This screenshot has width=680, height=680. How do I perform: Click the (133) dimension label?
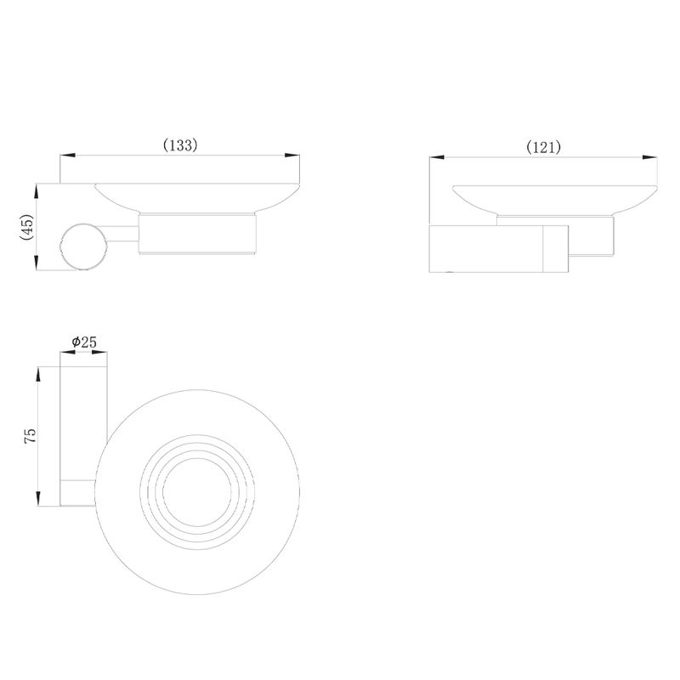tap(180, 145)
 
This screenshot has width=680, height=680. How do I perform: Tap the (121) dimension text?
tap(543, 147)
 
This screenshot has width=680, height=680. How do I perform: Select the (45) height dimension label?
tap(27, 227)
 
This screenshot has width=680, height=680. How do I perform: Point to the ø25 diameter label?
tap(84, 343)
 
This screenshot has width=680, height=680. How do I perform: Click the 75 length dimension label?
tap(31, 435)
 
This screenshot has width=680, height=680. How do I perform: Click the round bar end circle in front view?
tap(82, 246)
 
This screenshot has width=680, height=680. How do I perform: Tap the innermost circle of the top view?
tap(197, 492)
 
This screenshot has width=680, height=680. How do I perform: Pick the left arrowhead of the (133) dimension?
tap(68, 156)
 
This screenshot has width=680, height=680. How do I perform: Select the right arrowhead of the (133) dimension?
tap(292, 156)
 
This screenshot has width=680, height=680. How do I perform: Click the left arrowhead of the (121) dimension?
tap(437, 157)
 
